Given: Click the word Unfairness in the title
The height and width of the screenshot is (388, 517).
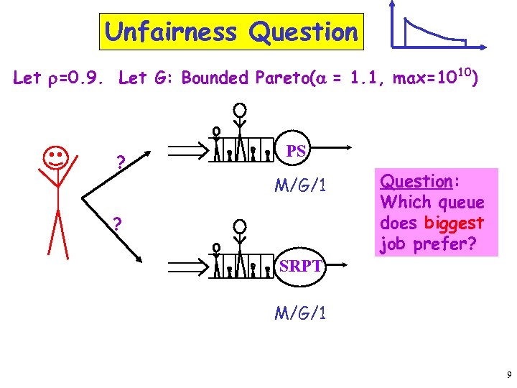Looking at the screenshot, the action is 171,32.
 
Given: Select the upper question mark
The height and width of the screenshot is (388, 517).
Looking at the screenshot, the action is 121,164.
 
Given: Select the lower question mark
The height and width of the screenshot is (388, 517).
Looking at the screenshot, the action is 116,225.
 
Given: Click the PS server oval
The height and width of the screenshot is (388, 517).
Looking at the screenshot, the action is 296,152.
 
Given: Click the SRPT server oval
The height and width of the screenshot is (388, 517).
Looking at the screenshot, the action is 300,266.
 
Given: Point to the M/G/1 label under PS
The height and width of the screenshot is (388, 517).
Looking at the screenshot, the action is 301,186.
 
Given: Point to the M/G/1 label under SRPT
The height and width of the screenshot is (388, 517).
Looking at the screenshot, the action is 301,313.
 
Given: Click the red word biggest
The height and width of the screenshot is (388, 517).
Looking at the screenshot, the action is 454,223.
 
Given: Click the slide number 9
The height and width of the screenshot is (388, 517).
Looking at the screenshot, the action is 508,374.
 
